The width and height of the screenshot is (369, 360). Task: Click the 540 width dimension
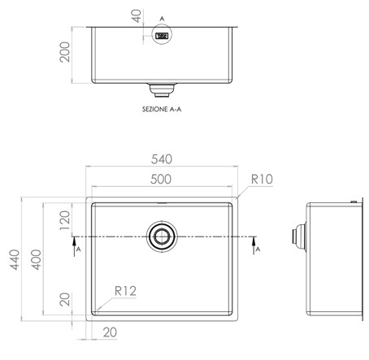pos(162,159)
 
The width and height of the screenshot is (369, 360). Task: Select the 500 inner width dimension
pos(161,180)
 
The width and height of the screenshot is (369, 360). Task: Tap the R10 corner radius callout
pos(262,179)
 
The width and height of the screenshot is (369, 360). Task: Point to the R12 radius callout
pos(125,291)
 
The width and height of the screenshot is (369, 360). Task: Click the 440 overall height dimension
pos(15,260)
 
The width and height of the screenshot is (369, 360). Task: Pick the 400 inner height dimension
pos(36,260)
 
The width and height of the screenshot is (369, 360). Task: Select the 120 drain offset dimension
pos(65,220)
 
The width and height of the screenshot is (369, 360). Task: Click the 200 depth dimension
pos(65,52)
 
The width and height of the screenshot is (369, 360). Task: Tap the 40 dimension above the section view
pos(137,16)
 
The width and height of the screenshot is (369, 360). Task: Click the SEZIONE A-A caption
pos(162,110)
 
